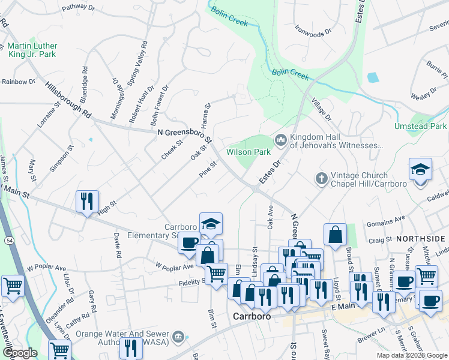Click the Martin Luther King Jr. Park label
pos(31,50)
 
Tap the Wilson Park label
pos(248,152)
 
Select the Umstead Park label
pos(420,127)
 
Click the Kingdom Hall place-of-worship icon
pos(280,140)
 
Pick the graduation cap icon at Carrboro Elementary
pos(211,224)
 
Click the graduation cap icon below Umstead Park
pos(420,170)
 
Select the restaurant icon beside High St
pos(88,202)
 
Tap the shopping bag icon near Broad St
pos(335,235)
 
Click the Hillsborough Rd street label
pos(69,100)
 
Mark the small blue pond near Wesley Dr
pos(373,77)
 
